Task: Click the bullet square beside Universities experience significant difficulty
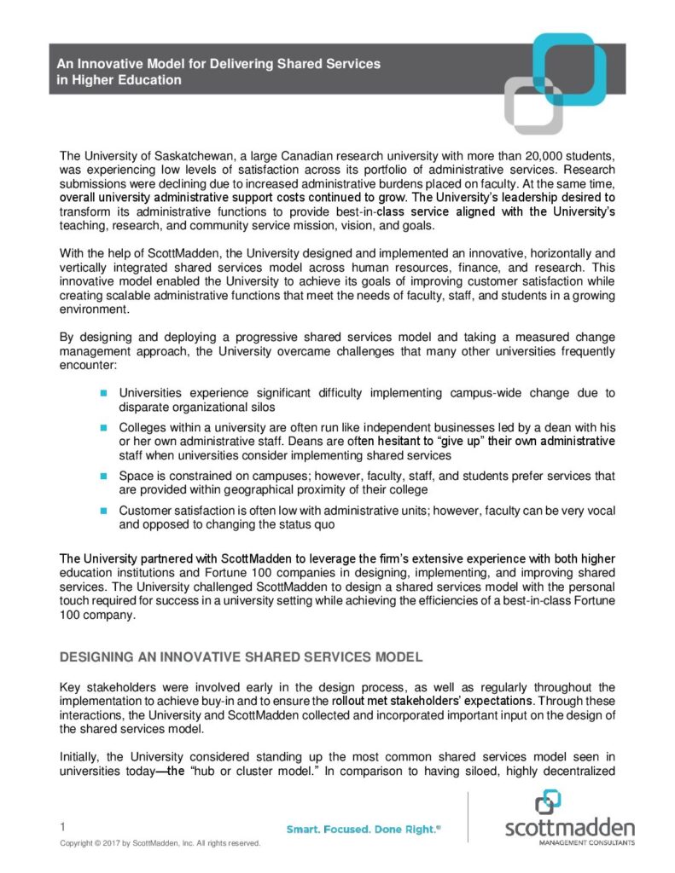tap(102, 393)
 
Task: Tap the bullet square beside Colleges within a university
tap(102, 426)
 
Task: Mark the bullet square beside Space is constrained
tap(102, 475)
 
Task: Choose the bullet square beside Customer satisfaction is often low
tap(102, 510)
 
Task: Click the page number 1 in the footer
tap(62, 826)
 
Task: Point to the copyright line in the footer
tap(159, 843)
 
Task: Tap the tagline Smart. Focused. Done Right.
tap(363, 828)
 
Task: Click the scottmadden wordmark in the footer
tap(569, 829)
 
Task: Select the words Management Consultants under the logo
tap(582, 842)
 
